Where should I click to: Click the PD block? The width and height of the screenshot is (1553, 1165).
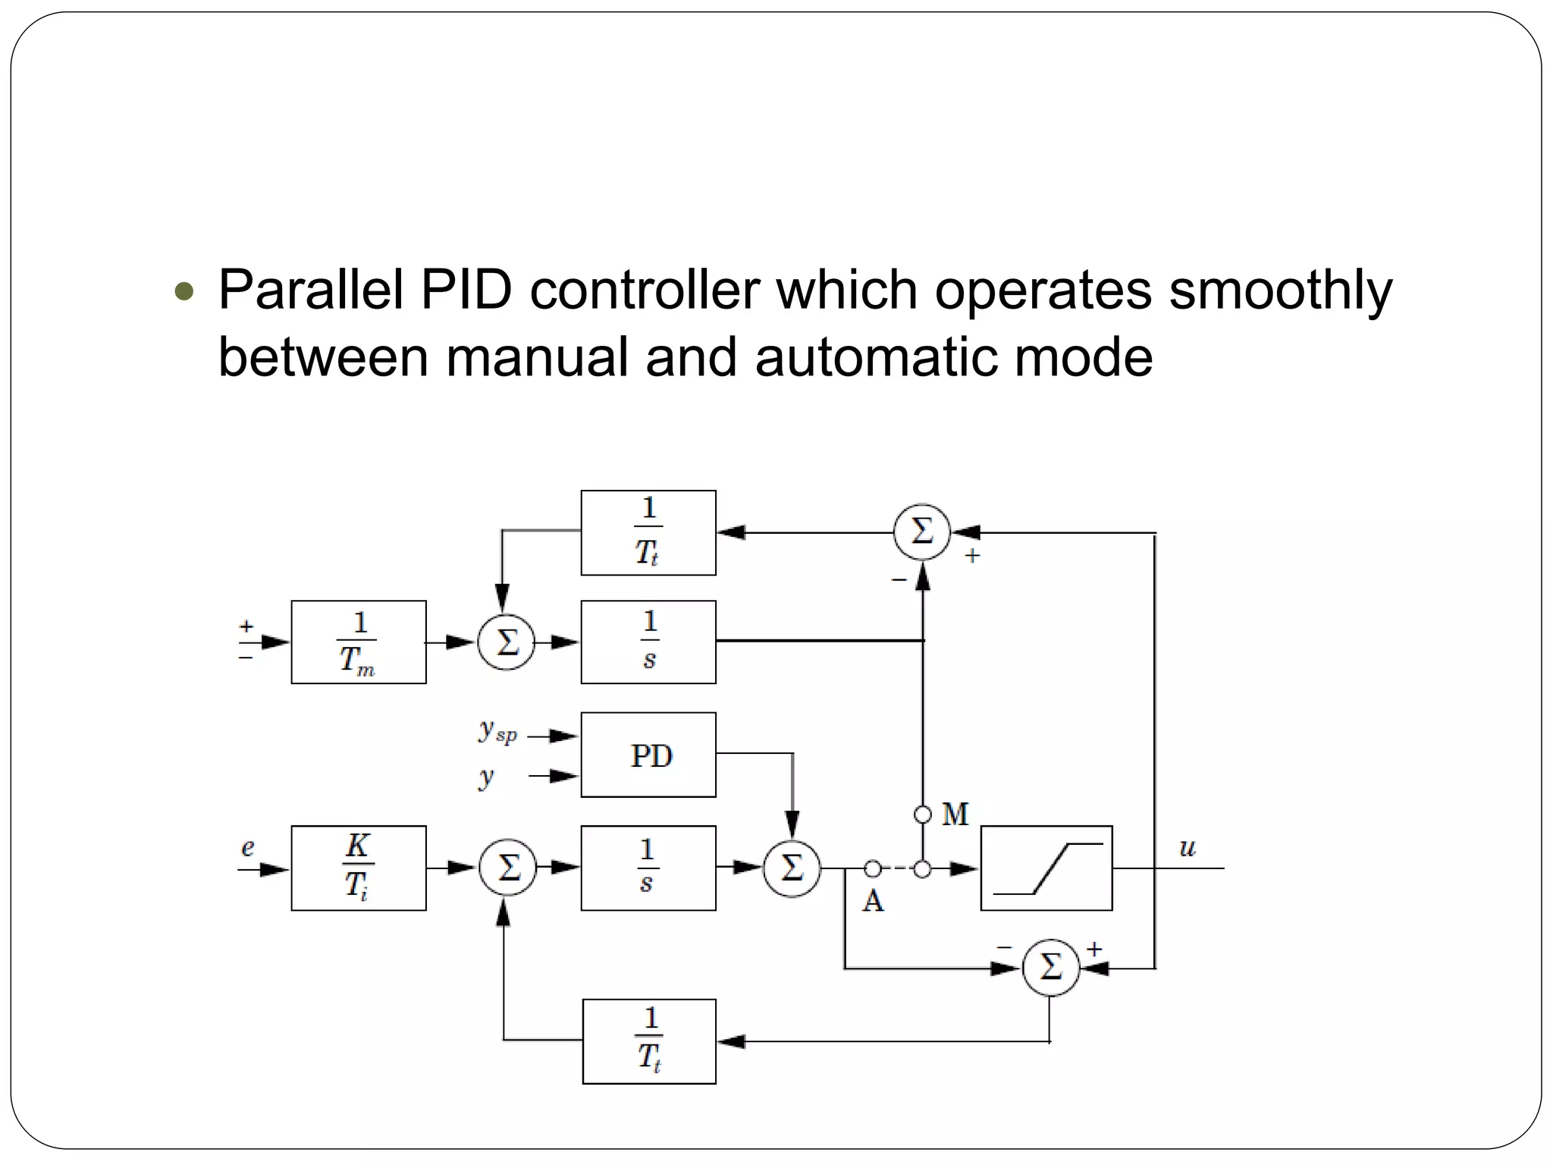pyautogui.click(x=648, y=755)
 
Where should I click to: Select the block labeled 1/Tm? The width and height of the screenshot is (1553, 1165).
pyautogui.click(x=359, y=642)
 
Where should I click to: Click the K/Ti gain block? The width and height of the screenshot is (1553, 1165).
pyautogui.click(x=359, y=868)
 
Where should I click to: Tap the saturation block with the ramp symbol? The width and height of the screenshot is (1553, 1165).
pyautogui.click(x=1046, y=868)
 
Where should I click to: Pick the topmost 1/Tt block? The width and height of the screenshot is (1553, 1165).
pyautogui.click(x=648, y=532)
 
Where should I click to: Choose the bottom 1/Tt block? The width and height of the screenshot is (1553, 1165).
pyautogui.click(x=649, y=1041)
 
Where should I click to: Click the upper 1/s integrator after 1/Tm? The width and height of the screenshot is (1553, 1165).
pyautogui.click(x=648, y=642)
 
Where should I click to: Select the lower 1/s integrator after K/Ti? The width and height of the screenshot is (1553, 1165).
pyautogui.click(x=648, y=868)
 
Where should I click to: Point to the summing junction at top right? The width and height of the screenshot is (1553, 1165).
pyautogui.click(x=922, y=532)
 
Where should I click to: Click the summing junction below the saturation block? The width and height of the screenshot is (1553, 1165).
pyautogui.click(x=1050, y=968)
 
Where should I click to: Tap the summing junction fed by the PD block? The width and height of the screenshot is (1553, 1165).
pyautogui.click(x=792, y=868)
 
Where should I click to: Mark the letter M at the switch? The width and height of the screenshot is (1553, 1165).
pyautogui.click(x=955, y=815)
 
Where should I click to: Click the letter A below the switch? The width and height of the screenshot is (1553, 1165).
pyautogui.click(x=873, y=902)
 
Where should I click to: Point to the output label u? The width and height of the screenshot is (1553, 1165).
pyautogui.click(x=1187, y=848)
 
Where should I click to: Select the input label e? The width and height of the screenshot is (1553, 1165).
pyautogui.click(x=248, y=847)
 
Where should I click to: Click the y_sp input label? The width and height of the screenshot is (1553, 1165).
pyautogui.click(x=497, y=730)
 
